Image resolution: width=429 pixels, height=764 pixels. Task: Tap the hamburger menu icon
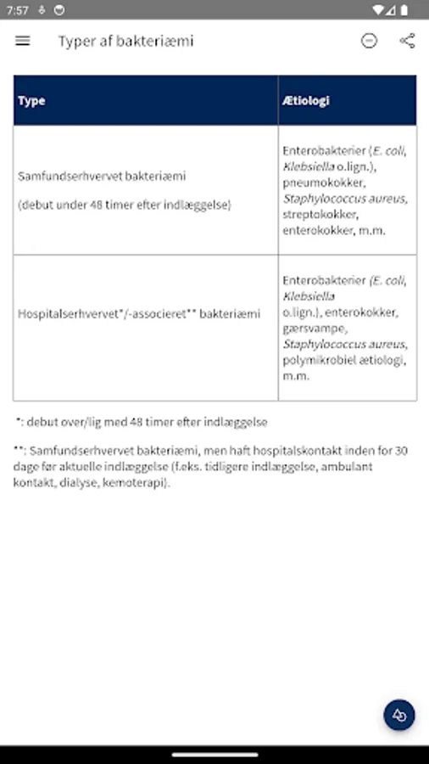(23, 41)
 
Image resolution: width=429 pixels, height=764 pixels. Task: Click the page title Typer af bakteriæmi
(125, 41)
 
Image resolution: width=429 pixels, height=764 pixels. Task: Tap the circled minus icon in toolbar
(369, 41)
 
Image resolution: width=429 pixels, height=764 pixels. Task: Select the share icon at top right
(407, 41)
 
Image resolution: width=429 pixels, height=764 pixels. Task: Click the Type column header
(31, 100)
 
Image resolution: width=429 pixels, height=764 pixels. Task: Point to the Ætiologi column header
(306, 100)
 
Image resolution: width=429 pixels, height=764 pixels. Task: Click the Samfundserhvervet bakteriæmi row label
(102, 177)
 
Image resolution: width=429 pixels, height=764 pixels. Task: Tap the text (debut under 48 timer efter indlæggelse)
(124, 205)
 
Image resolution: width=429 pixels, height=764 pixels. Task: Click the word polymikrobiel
(318, 360)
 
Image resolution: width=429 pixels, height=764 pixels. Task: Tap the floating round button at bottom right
(399, 715)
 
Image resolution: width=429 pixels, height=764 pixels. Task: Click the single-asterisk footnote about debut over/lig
(141, 421)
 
